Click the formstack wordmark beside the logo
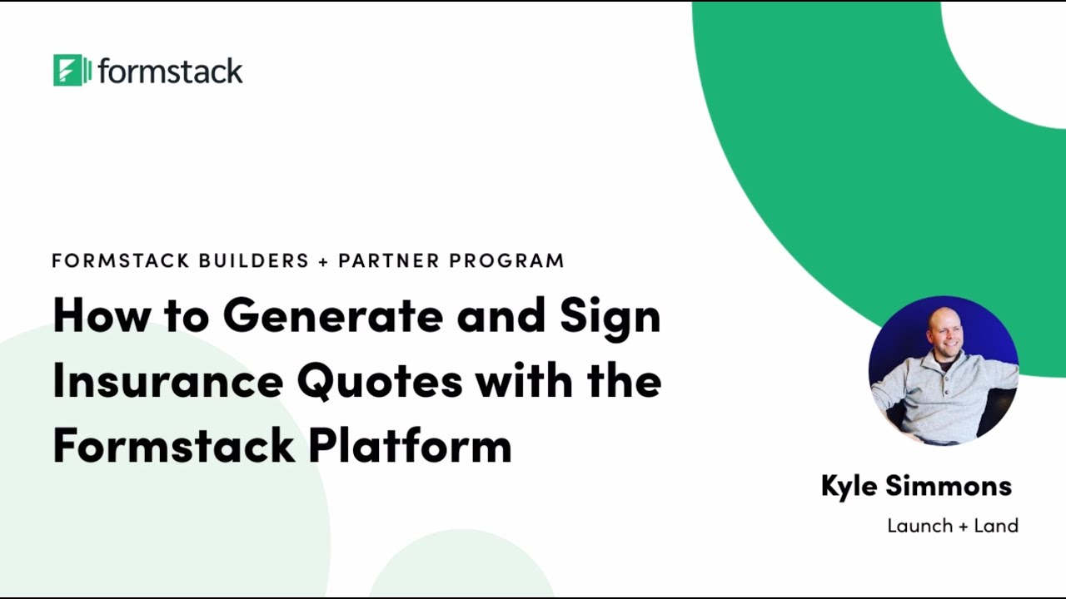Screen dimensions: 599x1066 click(170, 71)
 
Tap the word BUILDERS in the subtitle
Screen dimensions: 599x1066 click(253, 260)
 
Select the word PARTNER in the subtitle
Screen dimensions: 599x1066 click(389, 260)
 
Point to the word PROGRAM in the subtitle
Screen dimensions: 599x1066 click(506, 260)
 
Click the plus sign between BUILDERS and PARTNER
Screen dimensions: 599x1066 click(324, 261)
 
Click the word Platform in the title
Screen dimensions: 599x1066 click(410, 445)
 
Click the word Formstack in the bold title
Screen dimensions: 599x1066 click(173, 445)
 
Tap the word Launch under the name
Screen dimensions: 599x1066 click(919, 526)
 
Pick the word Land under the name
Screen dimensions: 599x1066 click(996, 526)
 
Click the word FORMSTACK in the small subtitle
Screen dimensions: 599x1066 click(121, 260)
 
